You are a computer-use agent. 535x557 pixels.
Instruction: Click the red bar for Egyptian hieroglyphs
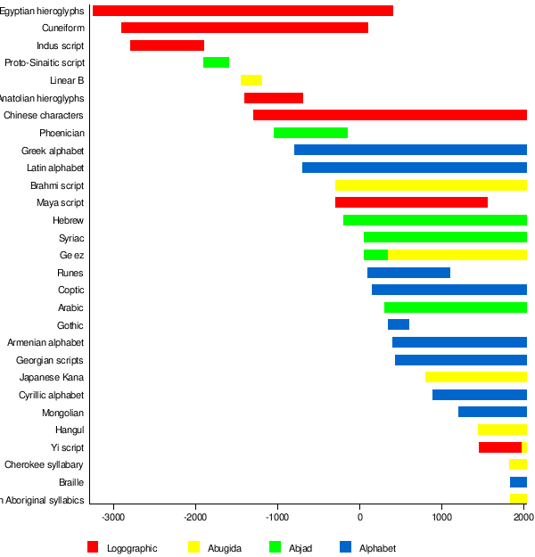pyautogui.click(x=243, y=11)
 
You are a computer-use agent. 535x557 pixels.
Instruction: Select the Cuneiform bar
pyautogui.click(x=244, y=28)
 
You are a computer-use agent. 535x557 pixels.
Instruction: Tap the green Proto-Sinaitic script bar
pyautogui.click(x=216, y=62)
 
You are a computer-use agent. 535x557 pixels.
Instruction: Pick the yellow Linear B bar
pyautogui.click(x=251, y=80)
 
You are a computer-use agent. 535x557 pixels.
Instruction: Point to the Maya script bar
pyautogui.click(x=411, y=202)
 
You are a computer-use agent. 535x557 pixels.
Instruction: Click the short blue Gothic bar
pyautogui.click(x=398, y=324)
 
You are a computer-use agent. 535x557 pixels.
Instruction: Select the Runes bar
pyautogui.click(x=408, y=273)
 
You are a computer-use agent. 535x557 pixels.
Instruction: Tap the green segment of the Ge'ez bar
pyautogui.click(x=375, y=255)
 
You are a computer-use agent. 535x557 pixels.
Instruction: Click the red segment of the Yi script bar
pyautogui.click(x=499, y=447)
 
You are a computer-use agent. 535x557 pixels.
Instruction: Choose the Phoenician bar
pyautogui.click(x=310, y=133)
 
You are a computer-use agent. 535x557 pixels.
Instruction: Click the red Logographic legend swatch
pyautogui.click(x=93, y=547)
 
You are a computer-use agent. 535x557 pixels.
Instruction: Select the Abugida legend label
pyautogui.click(x=224, y=548)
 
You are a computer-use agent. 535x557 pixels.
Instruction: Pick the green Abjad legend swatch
pyautogui.click(x=276, y=547)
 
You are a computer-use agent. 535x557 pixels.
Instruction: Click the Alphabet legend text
pyautogui.click(x=377, y=548)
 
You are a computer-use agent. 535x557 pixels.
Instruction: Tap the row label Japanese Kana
pyautogui.click(x=52, y=377)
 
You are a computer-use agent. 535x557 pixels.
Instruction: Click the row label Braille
pyautogui.click(x=71, y=482)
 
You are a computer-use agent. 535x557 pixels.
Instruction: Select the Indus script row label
pyautogui.click(x=61, y=45)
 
